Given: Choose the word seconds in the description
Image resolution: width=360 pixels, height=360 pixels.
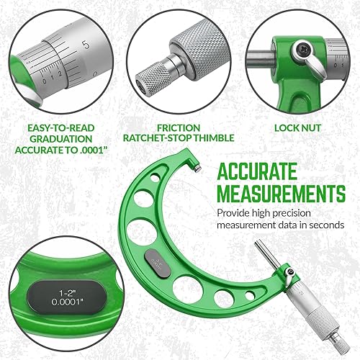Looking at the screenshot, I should click(x=323, y=225).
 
